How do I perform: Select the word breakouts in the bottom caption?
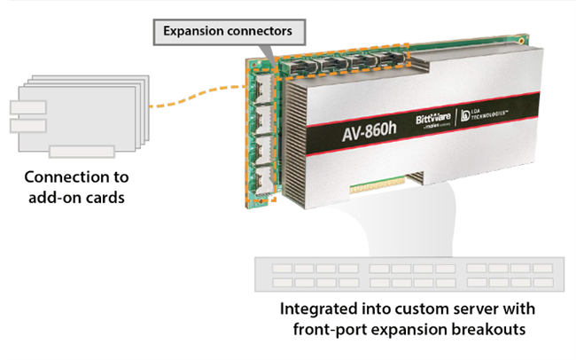[x=487, y=331]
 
